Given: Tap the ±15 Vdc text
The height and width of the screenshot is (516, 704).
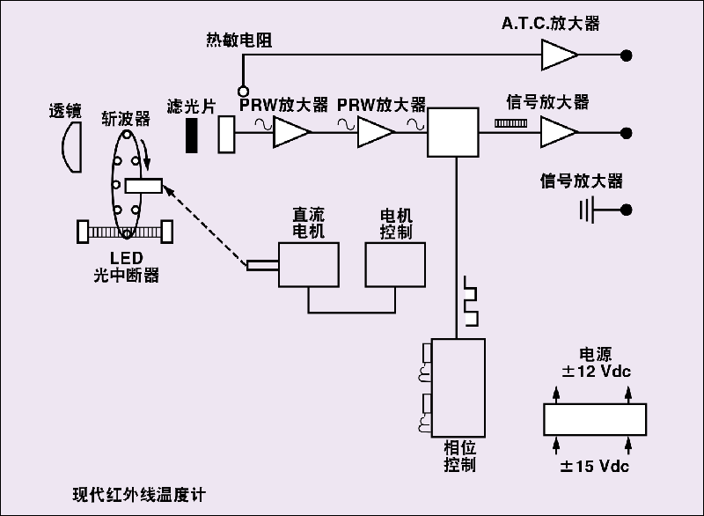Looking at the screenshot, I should tap(595, 465).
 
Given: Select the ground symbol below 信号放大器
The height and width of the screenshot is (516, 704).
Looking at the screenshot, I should tap(588, 210).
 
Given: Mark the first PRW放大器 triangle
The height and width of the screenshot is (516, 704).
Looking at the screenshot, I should tap(291, 133).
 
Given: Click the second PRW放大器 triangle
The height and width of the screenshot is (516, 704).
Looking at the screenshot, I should tap(377, 133).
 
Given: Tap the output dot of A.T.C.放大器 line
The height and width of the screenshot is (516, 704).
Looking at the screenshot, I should tap(627, 55).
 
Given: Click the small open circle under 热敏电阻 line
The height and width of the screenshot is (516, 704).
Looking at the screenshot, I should tap(242, 90).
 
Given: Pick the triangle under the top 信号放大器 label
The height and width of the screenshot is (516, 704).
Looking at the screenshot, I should tap(558, 133).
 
